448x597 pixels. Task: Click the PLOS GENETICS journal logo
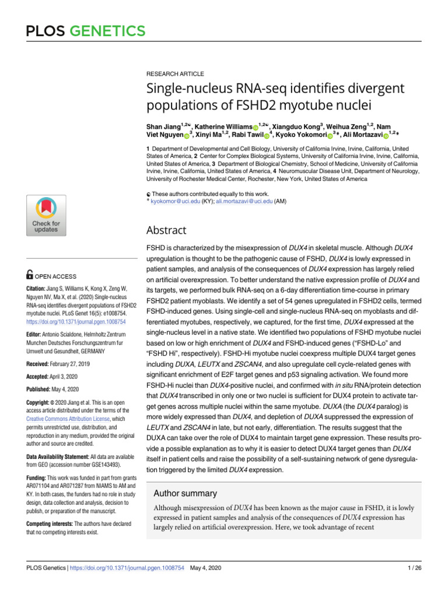(x=85, y=30)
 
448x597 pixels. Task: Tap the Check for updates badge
(x=45, y=215)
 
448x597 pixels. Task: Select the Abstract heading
(x=166, y=230)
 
